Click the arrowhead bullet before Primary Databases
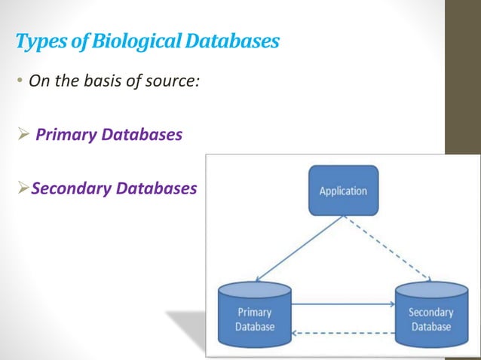pyautogui.click(x=23, y=135)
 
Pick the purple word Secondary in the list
pyautogui.click(x=72, y=188)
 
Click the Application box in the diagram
pyautogui.click(x=343, y=191)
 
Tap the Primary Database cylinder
pyautogui.click(x=254, y=316)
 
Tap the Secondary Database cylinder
pyautogui.click(x=430, y=316)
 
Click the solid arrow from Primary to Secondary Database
pyautogui.click(x=343, y=304)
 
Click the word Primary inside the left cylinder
pyautogui.click(x=254, y=312)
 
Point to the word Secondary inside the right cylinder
pyautogui.click(x=430, y=312)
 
